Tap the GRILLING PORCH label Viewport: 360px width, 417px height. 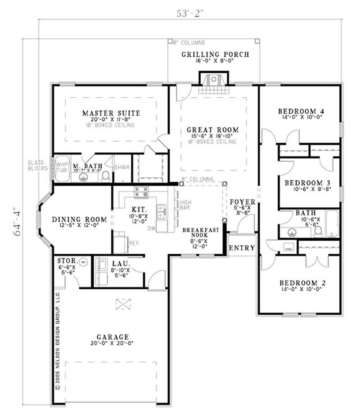coord(215,55)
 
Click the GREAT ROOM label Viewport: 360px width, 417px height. coord(213,130)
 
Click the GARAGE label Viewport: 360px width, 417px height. coord(113,336)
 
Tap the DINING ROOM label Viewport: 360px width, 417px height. coord(80,220)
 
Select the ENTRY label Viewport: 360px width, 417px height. coord(242,248)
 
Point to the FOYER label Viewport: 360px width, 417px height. coord(243,202)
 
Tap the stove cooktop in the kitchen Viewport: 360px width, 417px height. coord(142,192)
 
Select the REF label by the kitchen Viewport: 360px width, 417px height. coord(134,242)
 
